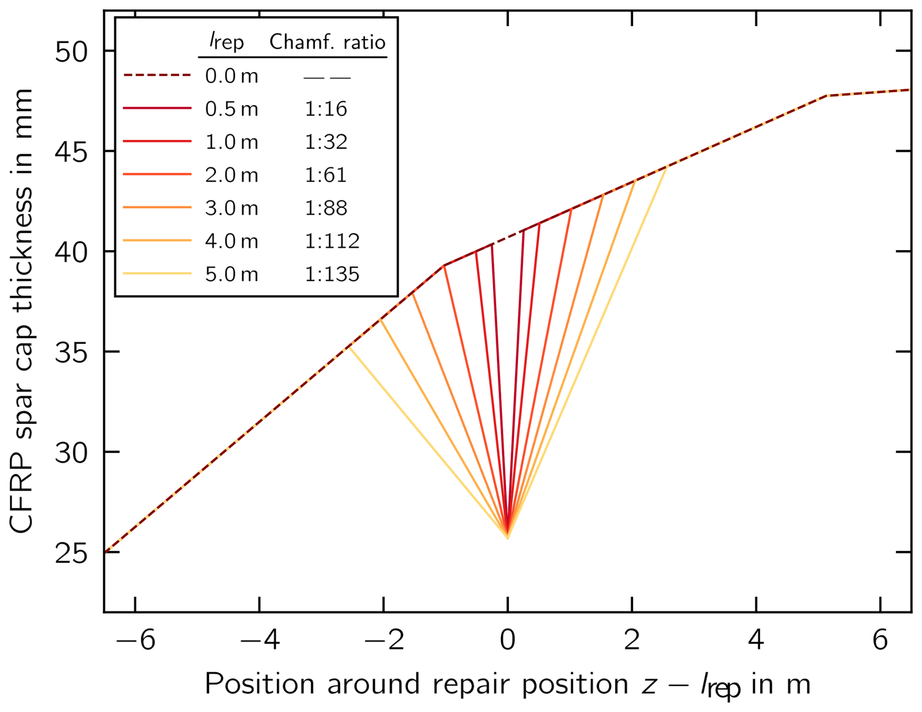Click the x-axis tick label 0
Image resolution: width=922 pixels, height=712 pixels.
point(508,640)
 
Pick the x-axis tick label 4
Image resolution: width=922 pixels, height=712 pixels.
point(756,640)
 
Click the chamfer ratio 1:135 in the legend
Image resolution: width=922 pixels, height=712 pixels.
point(332,274)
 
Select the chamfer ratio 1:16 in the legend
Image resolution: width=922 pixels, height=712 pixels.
point(326,109)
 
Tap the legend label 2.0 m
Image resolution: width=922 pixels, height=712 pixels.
point(231,175)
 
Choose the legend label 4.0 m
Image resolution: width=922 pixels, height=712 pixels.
point(231,241)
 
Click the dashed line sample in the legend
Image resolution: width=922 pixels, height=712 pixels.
point(157,76)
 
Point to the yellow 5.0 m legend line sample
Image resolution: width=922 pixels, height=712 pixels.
point(157,274)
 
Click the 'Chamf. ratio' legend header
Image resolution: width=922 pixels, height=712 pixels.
point(327,42)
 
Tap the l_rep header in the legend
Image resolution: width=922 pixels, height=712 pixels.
point(227,41)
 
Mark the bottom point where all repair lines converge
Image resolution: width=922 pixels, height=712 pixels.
point(508,538)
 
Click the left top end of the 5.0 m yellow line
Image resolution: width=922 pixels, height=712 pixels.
point(349,347)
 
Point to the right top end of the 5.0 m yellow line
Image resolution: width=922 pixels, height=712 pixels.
point(666,167)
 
